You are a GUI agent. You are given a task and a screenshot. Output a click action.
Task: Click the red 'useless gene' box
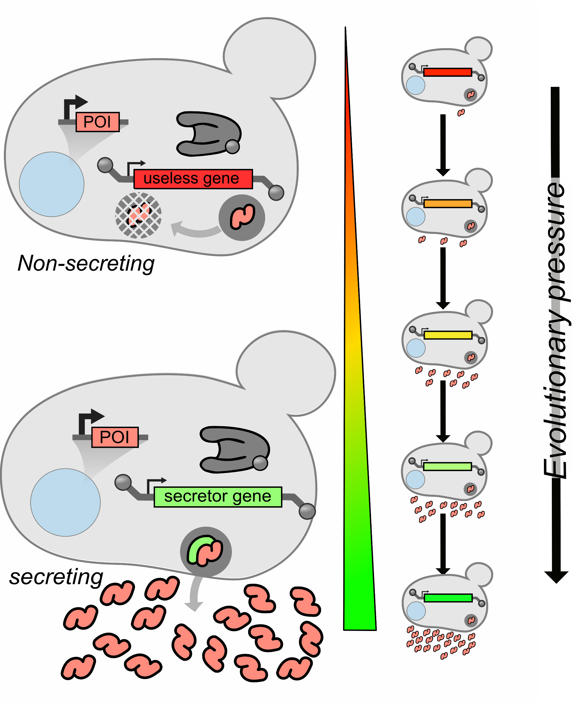click(x=193, y=179)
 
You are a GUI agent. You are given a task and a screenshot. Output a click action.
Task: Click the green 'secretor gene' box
click(x=218, y=497)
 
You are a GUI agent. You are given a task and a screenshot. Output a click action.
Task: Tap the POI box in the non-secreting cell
click(x=97, y=122)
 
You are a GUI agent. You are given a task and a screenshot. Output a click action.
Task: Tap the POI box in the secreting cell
click(x=115, y=437)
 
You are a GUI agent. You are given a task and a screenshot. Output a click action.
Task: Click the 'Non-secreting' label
click(x=86, y=264)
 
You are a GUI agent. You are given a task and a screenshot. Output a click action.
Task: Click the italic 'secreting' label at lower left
click(x=56, y=577)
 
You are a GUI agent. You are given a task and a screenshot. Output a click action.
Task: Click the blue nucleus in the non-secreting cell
click(x=52, y=184)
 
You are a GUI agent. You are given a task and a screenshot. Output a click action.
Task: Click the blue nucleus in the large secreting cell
click(x=65, y=503)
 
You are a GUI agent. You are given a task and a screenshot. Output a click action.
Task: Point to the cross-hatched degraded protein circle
click(x=138, y=215)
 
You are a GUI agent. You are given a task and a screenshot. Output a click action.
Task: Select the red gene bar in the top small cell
click(x=448, y=72)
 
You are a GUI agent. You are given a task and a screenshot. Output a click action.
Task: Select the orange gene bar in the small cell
click(x=448, y=203)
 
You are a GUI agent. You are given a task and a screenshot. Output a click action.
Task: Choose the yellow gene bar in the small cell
click(x=448, y=335)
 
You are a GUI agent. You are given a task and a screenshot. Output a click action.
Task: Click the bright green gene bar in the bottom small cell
click(x=448, y=598)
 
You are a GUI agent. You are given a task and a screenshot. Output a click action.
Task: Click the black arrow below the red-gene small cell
click(x=443, y=145)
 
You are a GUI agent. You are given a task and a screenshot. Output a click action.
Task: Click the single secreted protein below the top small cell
click(x=461, y=113)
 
